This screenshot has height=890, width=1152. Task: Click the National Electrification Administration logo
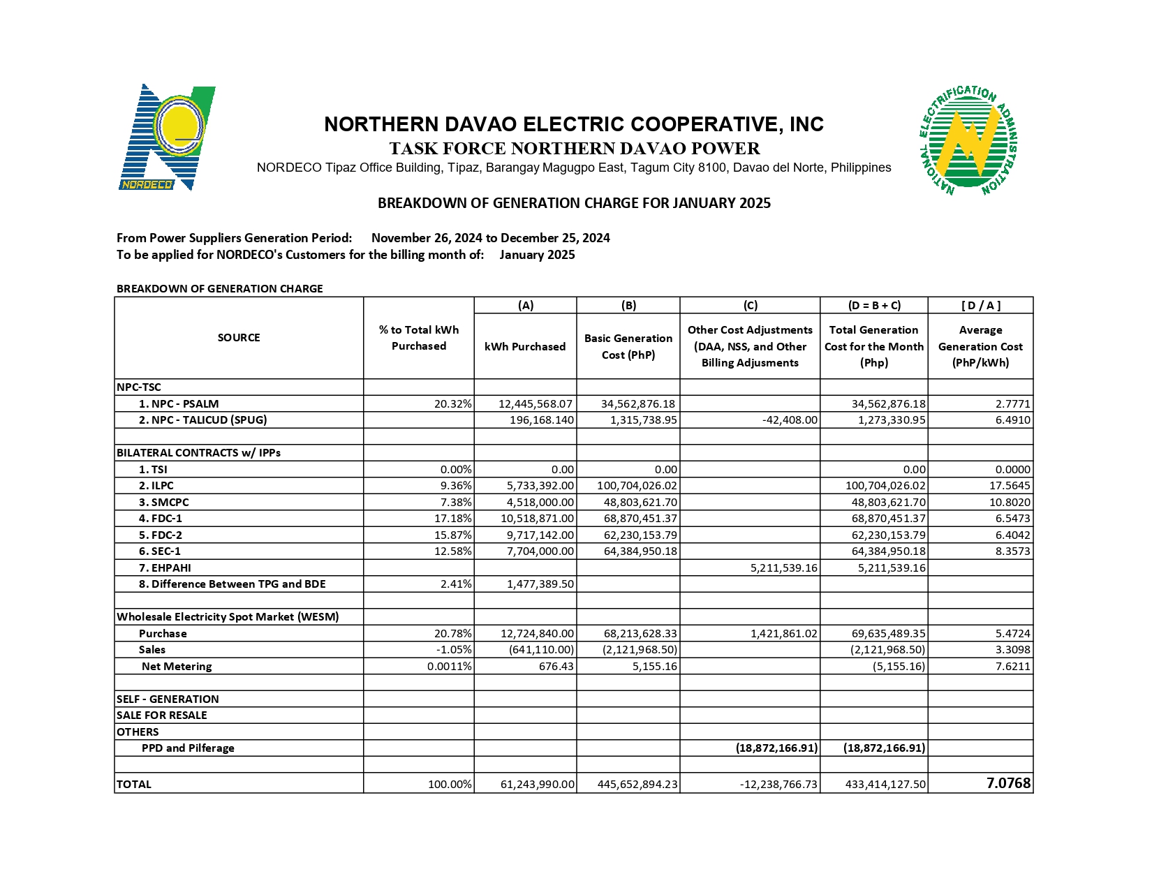pyautogui.click(x=968, y=140)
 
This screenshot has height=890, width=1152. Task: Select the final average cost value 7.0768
pyautogui.click(x=1007, y=783)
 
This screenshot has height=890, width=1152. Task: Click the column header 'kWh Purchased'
pyautogui.click(x=525, y=347)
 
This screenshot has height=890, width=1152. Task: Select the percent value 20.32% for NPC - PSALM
pyautogui.click(x=452, y=404)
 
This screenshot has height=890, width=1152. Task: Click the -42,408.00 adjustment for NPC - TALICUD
pyautogui.click(x=788, y=420)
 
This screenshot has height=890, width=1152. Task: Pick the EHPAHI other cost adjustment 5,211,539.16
pyautogui.click(x=783, y=568)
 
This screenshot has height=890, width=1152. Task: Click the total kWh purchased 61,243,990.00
pyautogui.click(x=537, y=785)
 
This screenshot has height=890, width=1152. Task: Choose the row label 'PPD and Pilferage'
pyautogui.click(x=188, y=748)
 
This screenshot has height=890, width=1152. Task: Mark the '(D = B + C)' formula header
pyautogui.click(x=873, y=306)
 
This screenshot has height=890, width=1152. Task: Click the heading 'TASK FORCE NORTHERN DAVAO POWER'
pyautogui.click(x=574, y=149)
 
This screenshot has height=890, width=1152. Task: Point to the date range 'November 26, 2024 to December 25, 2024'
pyautogui.click(x=490, y=238)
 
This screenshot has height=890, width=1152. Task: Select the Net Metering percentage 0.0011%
pyautogui.click(x=449, y=667)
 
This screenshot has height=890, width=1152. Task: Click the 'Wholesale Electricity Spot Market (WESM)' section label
pyautogui.click(x=228, y=617)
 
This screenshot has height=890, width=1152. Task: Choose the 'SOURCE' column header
pyautogui.click(x=239, y=338)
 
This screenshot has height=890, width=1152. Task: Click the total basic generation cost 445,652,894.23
pyautogui.click(x=637, y=785)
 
